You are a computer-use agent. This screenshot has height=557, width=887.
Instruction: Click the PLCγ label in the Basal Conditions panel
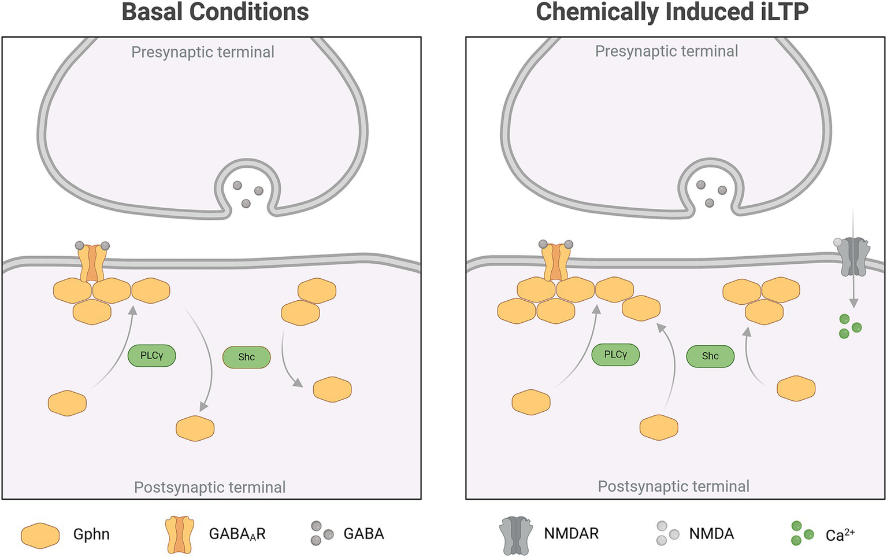click(x=151, y=356)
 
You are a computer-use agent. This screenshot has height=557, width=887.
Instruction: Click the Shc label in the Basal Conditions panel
click(x=247, y=357)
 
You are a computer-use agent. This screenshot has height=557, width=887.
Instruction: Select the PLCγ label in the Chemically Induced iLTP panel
click(x=615, y=355)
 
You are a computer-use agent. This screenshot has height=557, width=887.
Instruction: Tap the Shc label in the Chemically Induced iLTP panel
click(x=710, y=356)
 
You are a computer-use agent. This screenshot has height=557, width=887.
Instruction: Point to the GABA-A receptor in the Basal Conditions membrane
click(x=92, y=263)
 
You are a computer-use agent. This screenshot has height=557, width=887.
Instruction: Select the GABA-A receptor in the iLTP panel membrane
click(x=556, y=261)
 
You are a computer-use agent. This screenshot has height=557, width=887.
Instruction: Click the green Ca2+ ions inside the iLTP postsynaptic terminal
click(x=849, y=326)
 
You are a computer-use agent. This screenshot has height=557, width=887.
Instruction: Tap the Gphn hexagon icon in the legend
click(x=40, y=536)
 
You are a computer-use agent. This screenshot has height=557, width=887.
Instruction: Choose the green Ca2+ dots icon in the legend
click(x=801, y=533)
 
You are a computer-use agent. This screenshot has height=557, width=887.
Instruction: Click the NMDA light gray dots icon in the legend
click(x=667, y=533)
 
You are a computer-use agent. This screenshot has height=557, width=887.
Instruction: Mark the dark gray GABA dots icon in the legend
click(x=322, y=533)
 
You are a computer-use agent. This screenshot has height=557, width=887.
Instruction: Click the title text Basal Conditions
click(x=215, y=12)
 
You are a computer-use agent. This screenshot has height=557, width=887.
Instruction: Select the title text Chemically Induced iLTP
click(x=672, y=12)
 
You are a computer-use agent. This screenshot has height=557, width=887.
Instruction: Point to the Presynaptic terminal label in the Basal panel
click(x=202, y=52)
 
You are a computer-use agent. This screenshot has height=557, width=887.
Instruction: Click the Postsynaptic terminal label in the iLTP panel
click(x=673, y=486)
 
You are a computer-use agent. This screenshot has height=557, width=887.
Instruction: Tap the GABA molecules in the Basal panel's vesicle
click(x=247, y=194)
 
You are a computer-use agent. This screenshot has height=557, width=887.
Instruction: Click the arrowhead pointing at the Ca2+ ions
click(x=853, y=303)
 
